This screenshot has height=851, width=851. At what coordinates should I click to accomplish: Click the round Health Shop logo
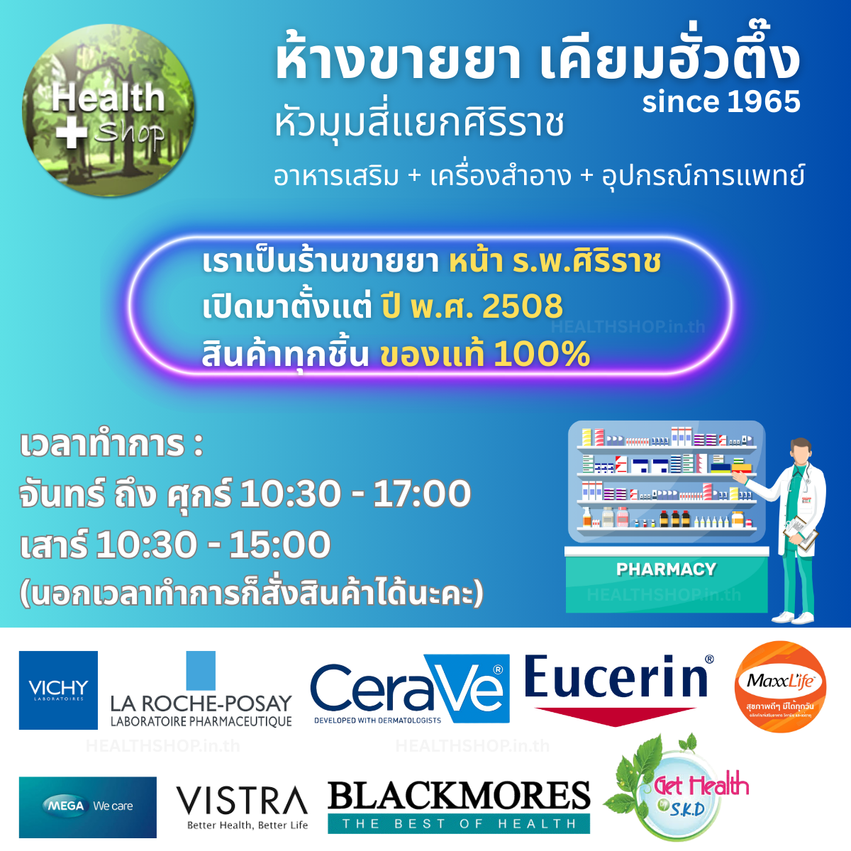pos(109,110)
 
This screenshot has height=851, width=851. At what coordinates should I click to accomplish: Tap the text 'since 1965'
pos(721,102)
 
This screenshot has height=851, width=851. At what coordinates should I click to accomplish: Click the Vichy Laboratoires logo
pos(58,690)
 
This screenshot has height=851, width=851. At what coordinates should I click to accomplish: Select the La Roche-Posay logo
pos(201,691)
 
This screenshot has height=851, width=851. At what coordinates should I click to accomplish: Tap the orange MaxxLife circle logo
pos(780,686)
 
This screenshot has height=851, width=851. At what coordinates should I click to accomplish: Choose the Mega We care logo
pos(88,807)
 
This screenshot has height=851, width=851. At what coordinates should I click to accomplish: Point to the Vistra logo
pos(242,807)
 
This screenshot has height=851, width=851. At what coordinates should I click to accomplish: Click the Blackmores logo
pos(459,806)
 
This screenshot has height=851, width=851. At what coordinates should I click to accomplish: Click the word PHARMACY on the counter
pos(666,569)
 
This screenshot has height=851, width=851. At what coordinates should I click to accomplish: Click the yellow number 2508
pos(522,306)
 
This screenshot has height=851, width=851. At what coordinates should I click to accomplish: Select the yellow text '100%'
pos(542,354)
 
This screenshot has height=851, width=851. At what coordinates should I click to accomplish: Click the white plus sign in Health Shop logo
pos(72,133)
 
